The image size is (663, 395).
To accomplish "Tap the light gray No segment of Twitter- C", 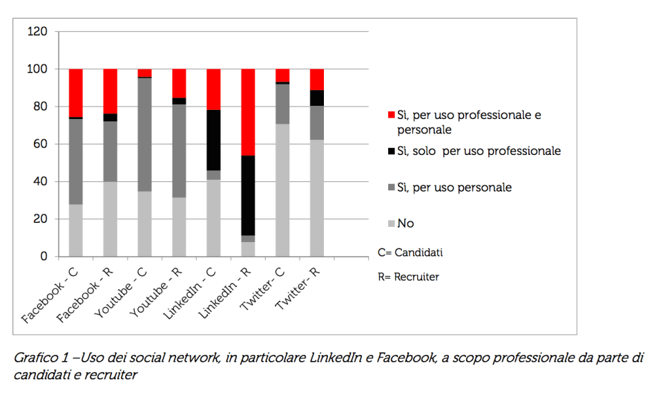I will pos(282,190).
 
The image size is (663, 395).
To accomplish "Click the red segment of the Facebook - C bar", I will pos(75,93).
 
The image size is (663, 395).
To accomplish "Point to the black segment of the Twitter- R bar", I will pos(317,98).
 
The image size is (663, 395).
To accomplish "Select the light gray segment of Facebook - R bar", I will pos(110,219).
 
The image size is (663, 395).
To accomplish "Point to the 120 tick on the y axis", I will pos(37,32).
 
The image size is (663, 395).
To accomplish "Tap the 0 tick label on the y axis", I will pos(44,257).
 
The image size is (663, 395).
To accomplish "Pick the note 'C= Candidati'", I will pos(410,252).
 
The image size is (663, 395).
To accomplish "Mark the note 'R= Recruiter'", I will pos(408,277).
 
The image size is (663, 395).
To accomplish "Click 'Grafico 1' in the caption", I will pos(40,358).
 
